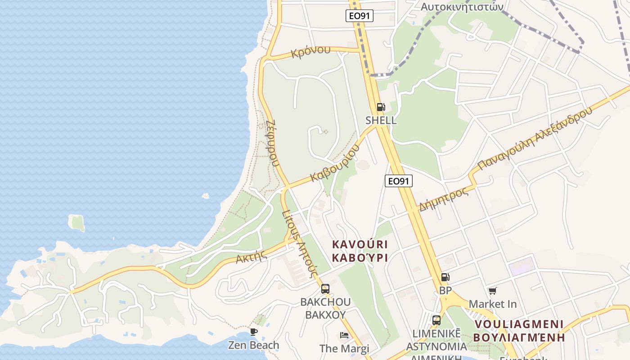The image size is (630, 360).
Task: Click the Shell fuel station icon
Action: (381, 107)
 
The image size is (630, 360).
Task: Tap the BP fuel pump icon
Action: (445, 278)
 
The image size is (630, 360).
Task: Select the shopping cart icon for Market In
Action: (493, 291)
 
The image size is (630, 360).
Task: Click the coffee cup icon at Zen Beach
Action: (254, 332)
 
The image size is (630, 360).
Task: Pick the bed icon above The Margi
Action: (344, 335)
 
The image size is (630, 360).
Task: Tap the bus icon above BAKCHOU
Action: (325, 289)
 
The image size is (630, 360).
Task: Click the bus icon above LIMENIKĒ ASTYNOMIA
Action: (436, 320)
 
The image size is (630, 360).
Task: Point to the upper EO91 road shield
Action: (360, 16)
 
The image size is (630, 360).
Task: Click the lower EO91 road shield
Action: (399, 181)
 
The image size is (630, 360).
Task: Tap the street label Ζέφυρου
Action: (272, 143)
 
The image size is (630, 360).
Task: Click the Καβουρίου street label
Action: (336, 163)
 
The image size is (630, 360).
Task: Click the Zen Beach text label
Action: (253, 345)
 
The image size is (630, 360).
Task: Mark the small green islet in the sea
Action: (77, 223)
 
